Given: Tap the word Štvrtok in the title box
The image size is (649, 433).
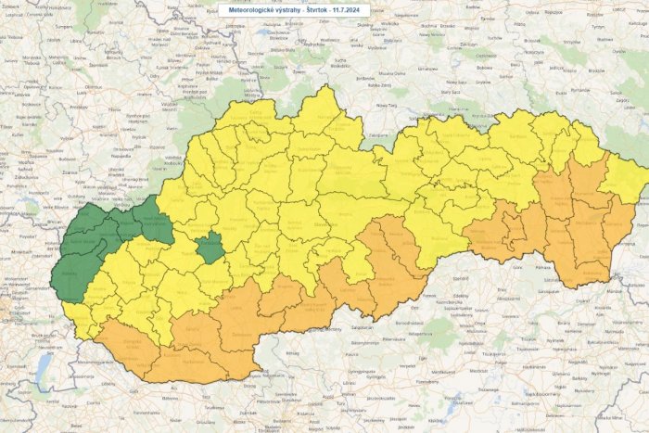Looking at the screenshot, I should (308, 9).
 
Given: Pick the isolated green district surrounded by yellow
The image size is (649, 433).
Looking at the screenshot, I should (210, 248).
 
